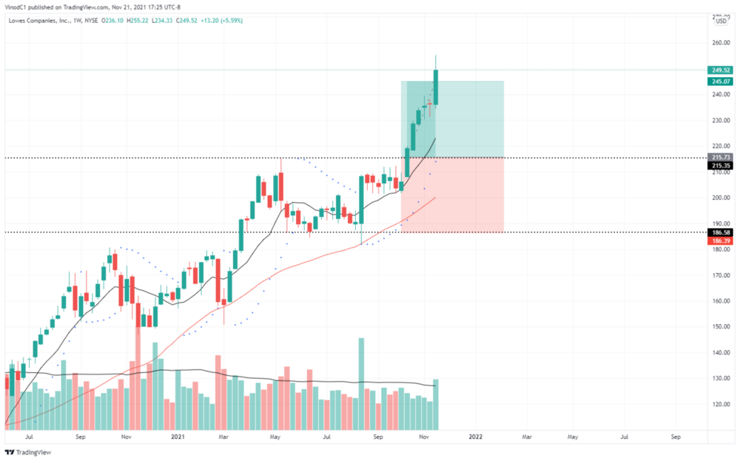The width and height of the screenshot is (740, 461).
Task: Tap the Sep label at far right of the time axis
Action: click(x=676, y=438)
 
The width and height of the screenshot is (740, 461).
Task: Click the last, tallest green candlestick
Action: click(x=437, y=87)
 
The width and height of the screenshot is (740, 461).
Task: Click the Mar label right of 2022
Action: click(x=527, y=438)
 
